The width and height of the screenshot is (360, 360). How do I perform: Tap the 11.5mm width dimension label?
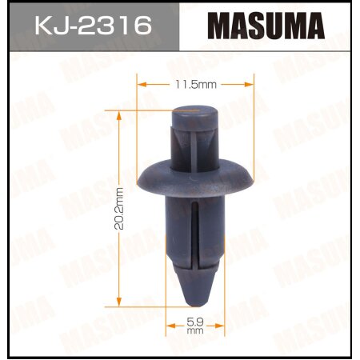(195, 83)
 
